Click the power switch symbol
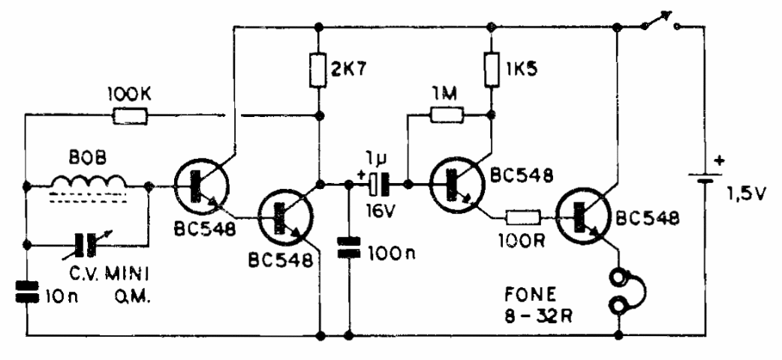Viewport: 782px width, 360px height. pyautogui.click(x=660, y=24)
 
